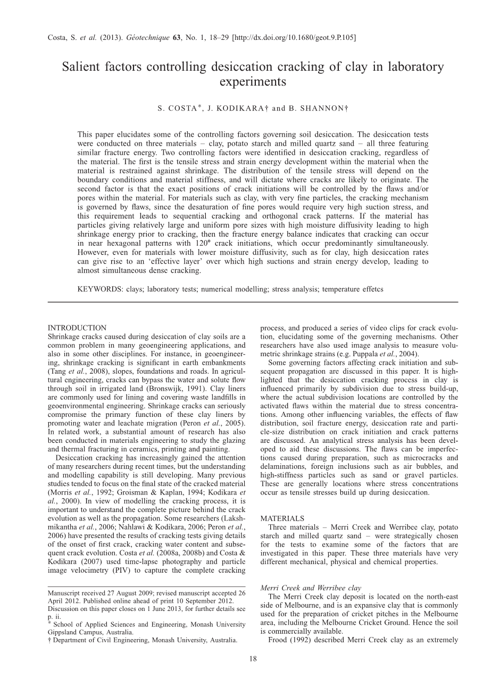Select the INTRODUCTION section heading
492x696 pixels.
pos(77,328)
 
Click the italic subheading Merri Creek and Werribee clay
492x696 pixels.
pos(311,588)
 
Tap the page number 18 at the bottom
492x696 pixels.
pos(253,659)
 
